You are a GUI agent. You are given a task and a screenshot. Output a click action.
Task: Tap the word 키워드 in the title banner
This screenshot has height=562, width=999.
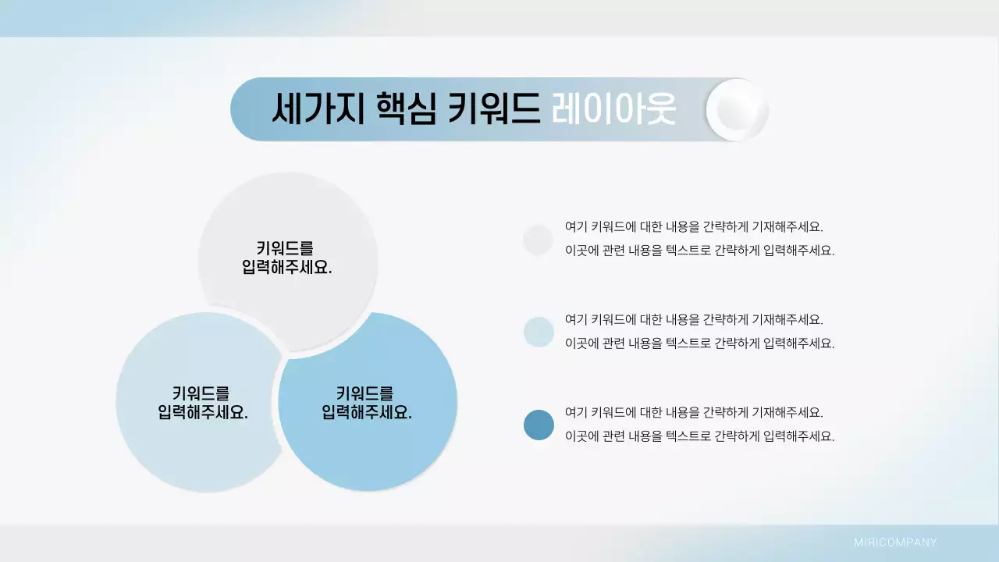click(x=494, y=109)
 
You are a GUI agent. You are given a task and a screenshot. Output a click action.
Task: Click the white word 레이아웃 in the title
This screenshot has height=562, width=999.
click(x=613, y=109)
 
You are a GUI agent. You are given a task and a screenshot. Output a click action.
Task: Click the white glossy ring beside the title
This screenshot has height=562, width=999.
click(x=737, y=109)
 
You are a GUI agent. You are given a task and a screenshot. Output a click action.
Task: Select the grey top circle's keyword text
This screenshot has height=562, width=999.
click(x=287, y=258)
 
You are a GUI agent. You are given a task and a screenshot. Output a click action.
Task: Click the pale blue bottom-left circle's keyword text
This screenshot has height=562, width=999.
click(x=203, y=403)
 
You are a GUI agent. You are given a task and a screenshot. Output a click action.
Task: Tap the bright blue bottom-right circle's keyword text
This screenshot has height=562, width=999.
click(x=367, y=403)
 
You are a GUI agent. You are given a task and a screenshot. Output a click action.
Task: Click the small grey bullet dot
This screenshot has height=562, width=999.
click(x=539, y=240)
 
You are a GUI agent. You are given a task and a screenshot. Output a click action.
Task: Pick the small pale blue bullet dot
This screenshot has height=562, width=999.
click(x=539, y=332)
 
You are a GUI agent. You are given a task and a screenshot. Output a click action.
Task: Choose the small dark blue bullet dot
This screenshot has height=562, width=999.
click(x=539, y=425)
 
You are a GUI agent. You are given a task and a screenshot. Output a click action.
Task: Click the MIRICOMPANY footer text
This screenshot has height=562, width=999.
click(x=895, y=542)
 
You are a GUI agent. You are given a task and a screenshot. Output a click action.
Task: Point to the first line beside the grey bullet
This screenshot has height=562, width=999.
click(x=694, y=227)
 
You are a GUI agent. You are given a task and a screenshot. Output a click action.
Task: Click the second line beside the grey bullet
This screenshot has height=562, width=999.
click(x=699, y=251)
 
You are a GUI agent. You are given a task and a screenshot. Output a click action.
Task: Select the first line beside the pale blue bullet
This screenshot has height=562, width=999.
click(x=694, y=319)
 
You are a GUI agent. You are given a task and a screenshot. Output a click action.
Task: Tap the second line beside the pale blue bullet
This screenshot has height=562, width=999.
click(x=699, y=343)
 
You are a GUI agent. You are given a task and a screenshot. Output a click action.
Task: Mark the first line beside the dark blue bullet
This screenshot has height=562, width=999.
click(x=694, y=412)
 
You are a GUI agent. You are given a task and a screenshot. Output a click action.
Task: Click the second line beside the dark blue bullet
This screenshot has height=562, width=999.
click(x=699, y=436)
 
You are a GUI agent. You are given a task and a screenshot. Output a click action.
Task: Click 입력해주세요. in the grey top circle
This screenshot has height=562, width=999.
click(x=287, y=267)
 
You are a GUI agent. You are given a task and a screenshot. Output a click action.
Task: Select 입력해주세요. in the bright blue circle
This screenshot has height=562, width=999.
click(x=367, y=412)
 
